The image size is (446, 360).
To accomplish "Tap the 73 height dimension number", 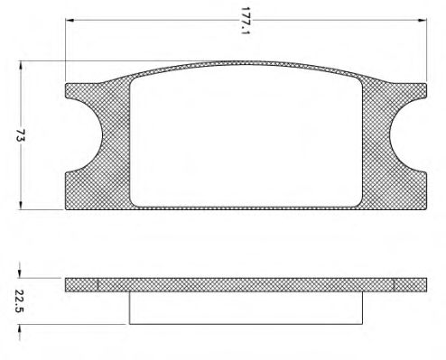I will (21, 136).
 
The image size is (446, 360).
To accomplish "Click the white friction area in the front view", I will (246, 137).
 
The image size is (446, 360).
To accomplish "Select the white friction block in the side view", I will (246, 308).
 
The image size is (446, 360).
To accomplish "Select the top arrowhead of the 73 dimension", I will (21, 66).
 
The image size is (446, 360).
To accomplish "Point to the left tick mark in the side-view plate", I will (97, 284).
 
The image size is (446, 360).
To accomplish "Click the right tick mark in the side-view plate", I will (394, 284).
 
